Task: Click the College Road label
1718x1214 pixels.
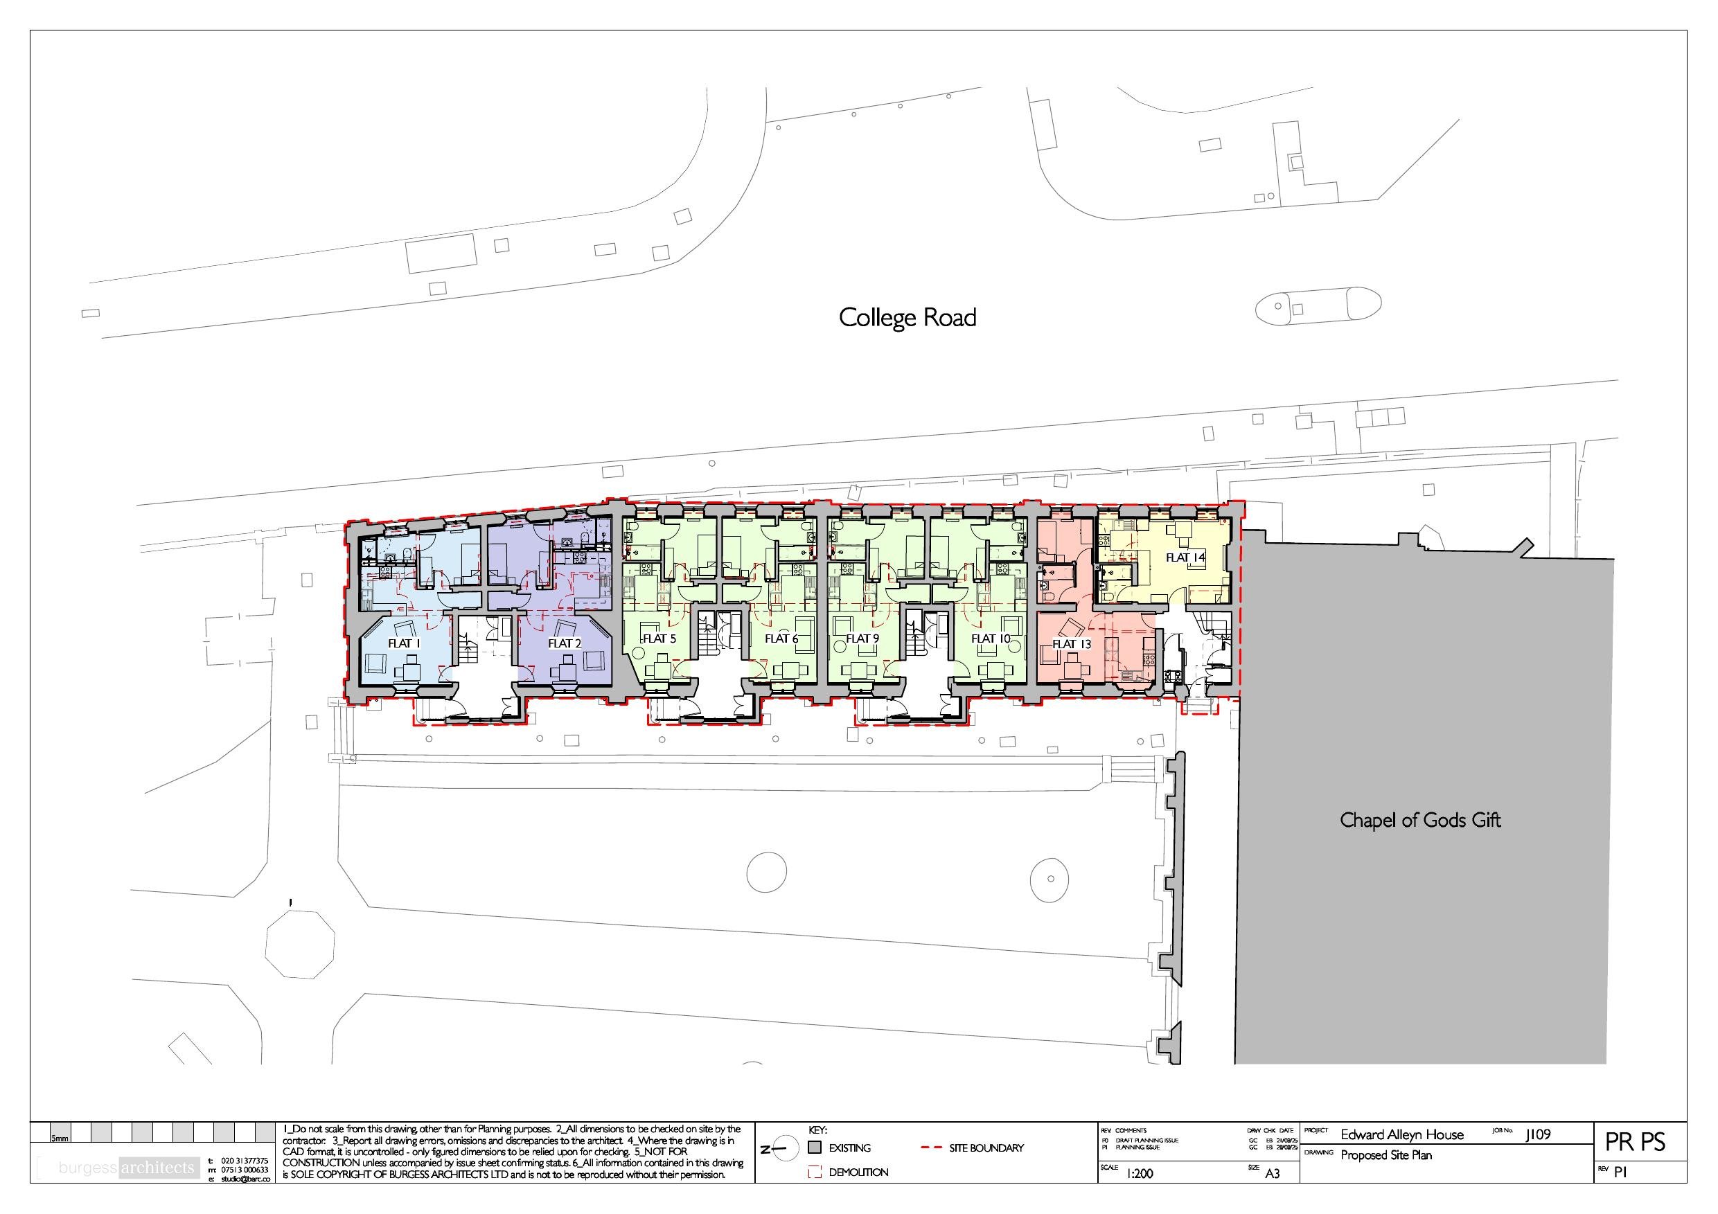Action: point(907,318)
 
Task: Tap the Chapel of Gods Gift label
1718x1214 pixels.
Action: point(1419,821)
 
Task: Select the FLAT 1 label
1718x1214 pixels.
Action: point(404,643)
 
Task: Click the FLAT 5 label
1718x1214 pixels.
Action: point(659,638)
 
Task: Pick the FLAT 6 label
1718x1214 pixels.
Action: point(781,638)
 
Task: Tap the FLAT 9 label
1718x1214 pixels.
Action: point(862,638)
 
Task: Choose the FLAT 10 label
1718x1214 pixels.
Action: point(991,638)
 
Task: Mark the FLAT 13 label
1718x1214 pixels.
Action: point(1072,643)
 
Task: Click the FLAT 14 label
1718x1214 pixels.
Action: point(1185,557)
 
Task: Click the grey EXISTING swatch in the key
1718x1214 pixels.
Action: point(815,1148)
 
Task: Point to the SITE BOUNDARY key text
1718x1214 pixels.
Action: point(986,1148)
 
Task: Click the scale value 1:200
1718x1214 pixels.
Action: point(1140,1174)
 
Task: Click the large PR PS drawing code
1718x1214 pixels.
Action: point(1635,1142)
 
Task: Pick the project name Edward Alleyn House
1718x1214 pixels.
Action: point(1401,1135)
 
